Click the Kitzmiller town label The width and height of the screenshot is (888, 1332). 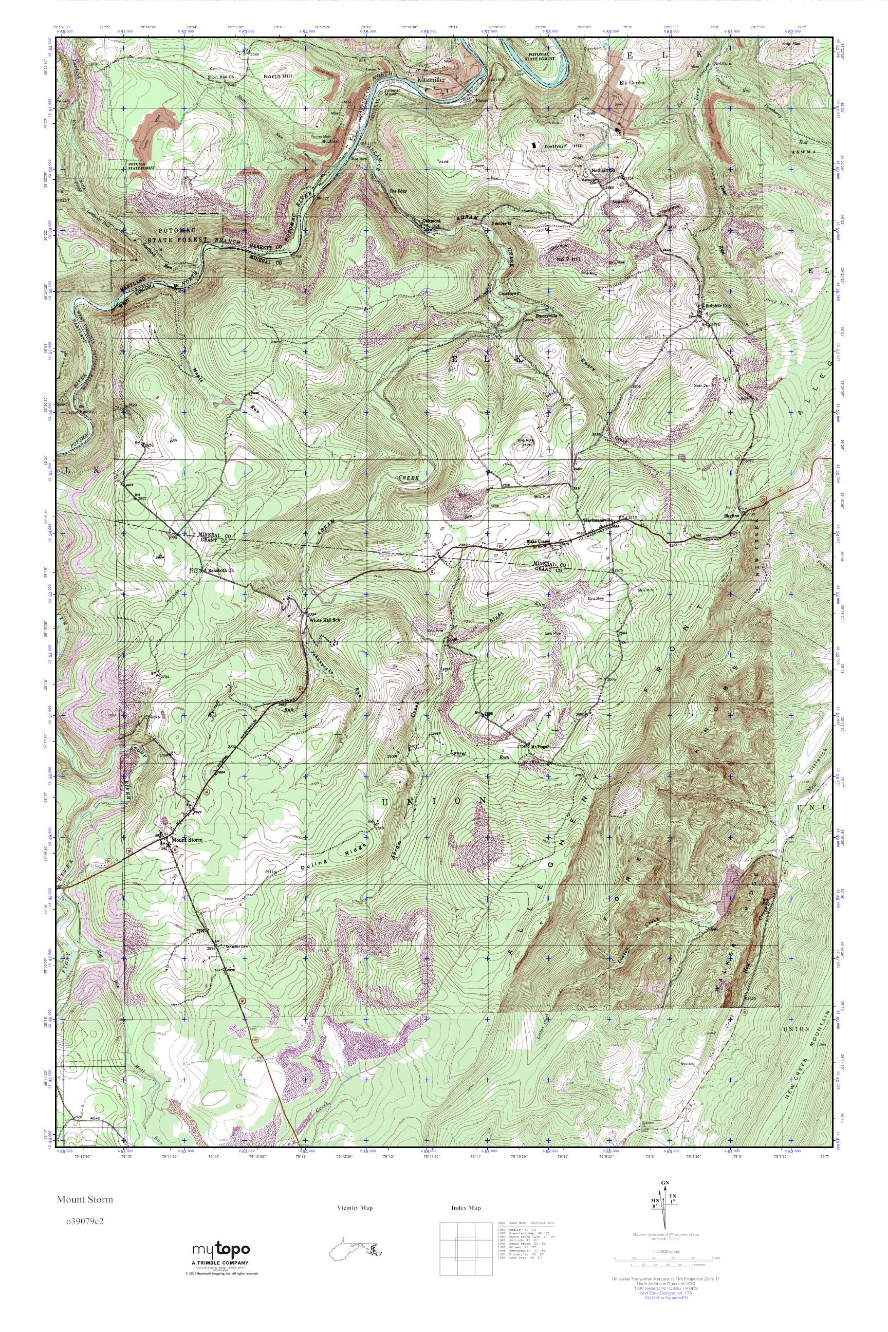tap(432, 80)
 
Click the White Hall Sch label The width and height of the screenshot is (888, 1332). tap(324, 620)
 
